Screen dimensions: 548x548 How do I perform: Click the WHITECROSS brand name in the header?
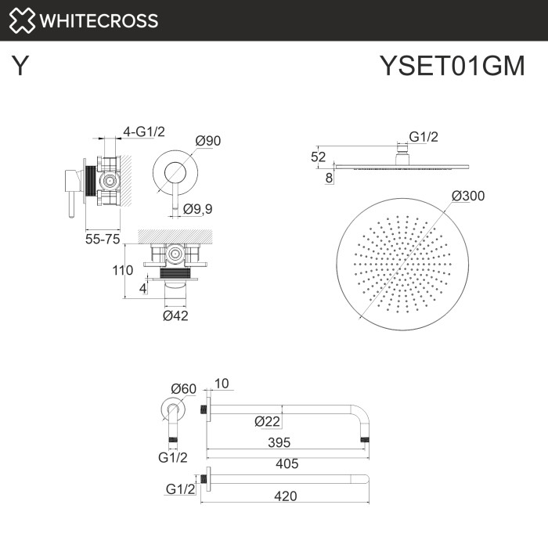coord(99,20)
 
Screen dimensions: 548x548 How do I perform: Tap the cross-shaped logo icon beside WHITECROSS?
coord(22,20)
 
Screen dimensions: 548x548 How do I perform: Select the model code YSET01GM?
coord(451,67)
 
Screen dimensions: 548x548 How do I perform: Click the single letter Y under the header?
coord(21,67)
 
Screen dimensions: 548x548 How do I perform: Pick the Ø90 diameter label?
coord(208,141)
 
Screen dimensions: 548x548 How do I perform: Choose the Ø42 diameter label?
coord(175,315)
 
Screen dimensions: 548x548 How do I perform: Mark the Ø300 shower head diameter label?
coord(468,196)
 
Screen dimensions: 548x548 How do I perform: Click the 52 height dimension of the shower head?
coord(318,157)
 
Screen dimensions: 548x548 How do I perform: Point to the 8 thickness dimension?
coord(329,178)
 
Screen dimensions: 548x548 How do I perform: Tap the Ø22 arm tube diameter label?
coord(267,421)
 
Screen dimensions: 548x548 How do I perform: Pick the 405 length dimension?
coord(287,463)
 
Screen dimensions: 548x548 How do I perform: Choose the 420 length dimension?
coord(287,495)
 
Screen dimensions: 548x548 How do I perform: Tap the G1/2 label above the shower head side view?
coord(424,137)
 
